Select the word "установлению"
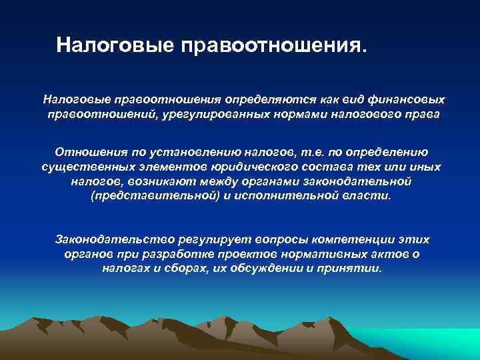pyautogui.click(x=181, y=151)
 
